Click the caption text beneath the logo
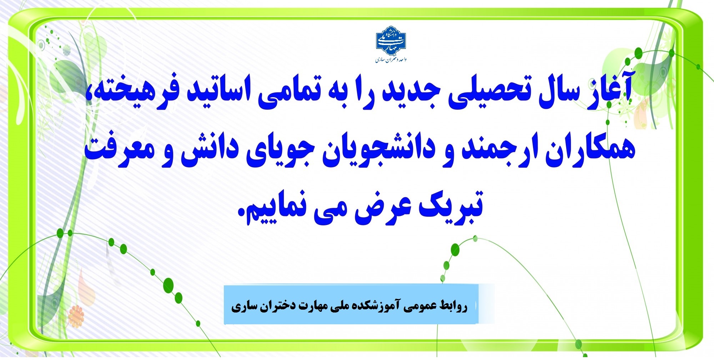[x=391, y=59]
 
